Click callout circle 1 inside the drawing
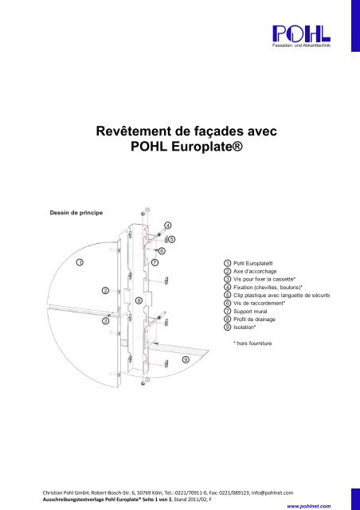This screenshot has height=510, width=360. (x=80, y=262)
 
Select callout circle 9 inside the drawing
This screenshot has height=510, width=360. (x=186, y=360)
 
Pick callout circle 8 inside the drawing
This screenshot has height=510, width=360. (x=139, y=301)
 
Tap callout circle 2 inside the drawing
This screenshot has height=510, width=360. (x=106, y=291)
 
